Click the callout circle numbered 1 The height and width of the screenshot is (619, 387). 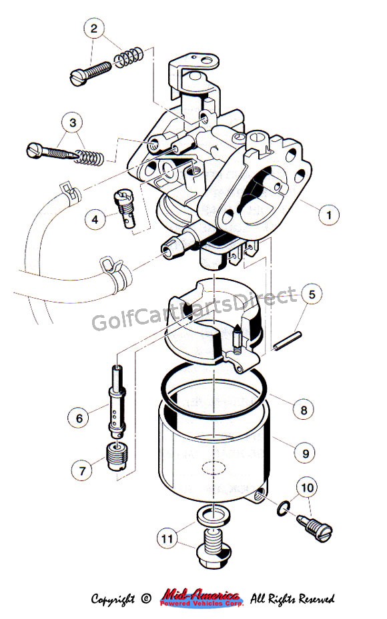(328, 215)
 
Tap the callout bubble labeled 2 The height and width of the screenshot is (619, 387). (93, 29)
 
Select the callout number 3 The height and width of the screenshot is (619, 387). (73, 123)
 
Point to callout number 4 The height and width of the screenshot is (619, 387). (95, 219)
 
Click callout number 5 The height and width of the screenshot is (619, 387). (312, 294)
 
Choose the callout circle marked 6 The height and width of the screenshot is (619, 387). (79, 418)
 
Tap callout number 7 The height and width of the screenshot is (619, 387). (82, 470)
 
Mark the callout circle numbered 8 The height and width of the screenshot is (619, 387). (303, 410)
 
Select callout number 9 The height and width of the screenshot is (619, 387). (305, 453)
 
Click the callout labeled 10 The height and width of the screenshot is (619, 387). (307, 488)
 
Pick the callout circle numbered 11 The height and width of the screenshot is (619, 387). (167, 538)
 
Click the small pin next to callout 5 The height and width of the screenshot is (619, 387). (288, 340)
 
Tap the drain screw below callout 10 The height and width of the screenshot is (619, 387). (315, 528)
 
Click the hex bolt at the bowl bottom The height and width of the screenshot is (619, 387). (214, 549)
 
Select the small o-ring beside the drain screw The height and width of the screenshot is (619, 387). (283, 508)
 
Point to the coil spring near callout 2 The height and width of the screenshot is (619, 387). (129, 57)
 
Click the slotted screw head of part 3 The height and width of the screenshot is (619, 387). (33, 150)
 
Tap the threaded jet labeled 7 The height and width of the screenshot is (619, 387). (117, 456)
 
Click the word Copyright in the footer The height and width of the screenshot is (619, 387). (113, 599)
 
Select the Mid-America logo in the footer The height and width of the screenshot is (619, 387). (202, 598)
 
